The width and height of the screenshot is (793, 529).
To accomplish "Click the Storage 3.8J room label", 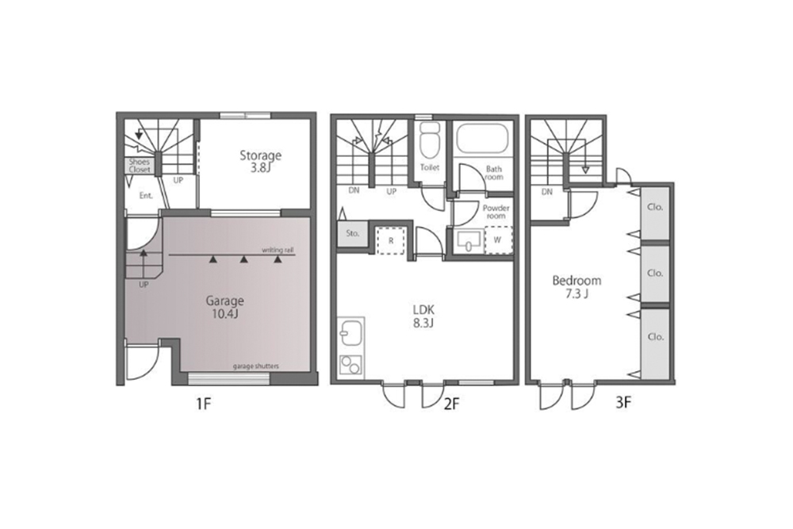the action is click(260, 161).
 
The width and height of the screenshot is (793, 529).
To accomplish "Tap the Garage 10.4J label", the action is click(224, 307).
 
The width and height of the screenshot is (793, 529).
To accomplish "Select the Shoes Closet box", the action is click(139, 166).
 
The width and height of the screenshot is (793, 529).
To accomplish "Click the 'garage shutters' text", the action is click(256, 366).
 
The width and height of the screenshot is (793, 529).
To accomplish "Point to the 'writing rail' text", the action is click(278, 250).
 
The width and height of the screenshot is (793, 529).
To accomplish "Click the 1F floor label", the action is click(203, 404).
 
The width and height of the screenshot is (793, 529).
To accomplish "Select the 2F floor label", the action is click(452, 404).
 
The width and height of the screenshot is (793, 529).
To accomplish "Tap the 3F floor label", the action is click(623, 403).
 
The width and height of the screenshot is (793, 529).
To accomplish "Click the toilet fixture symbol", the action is click(429, 140).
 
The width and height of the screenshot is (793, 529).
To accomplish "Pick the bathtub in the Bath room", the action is click(482, 136).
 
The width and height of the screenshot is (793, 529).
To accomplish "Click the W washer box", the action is click(498, 240).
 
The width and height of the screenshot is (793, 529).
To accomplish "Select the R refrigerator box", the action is click(391, 241).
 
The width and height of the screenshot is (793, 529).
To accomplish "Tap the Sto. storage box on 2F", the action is click(353, 234).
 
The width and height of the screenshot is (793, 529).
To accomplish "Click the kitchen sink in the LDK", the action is click(351, 332).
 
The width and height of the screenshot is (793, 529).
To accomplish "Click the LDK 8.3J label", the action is click(423, 316).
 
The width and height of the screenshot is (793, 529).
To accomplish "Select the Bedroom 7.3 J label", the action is click(577, 287).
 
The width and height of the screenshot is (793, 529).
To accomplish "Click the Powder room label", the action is click(496, 212).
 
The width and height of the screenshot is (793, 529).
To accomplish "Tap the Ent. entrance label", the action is click(146, 196).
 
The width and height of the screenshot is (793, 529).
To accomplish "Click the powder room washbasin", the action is click(469, 241).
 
